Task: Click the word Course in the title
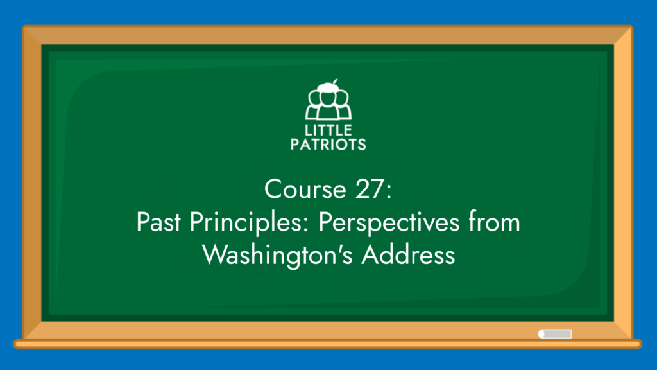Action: click(x=305, y=189)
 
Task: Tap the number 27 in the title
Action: click(x=369, y=189)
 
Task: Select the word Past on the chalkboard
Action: click(x=158, y=222)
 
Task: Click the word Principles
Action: click(x=246, y=223)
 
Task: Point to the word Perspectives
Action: click(x=389, y=223)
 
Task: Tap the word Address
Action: click(x=408, y=254)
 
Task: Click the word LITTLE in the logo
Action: click(x=328, y=130)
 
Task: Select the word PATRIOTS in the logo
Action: click(x=328, y=145)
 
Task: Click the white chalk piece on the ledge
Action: click(x=555, y=334)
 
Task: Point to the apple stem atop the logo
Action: click(x=335, y=82)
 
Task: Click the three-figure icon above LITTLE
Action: click(x=328, y=101)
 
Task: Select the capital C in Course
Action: click(x=273, y=189)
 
